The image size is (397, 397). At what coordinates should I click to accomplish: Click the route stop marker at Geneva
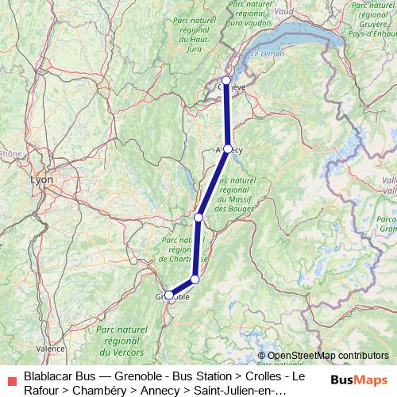pos(226,80)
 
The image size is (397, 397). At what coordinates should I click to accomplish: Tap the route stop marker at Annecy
pos(228,149)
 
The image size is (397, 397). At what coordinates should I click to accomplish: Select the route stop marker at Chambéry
pos(198,217)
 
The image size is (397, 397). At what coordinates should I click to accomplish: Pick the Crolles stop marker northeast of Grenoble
pos(195,279)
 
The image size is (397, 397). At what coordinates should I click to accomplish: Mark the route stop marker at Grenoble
pos(169,295)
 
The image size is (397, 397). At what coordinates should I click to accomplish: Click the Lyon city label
pos(41,179)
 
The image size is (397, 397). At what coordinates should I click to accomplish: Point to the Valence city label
pos(51,348)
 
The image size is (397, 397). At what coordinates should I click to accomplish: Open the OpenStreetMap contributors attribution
pos(323,356)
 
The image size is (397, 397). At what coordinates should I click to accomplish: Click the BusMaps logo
pos(360,380)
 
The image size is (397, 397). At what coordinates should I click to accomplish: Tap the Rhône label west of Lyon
pos(10,153)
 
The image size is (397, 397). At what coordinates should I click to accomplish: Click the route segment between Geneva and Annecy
pos(227,115)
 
